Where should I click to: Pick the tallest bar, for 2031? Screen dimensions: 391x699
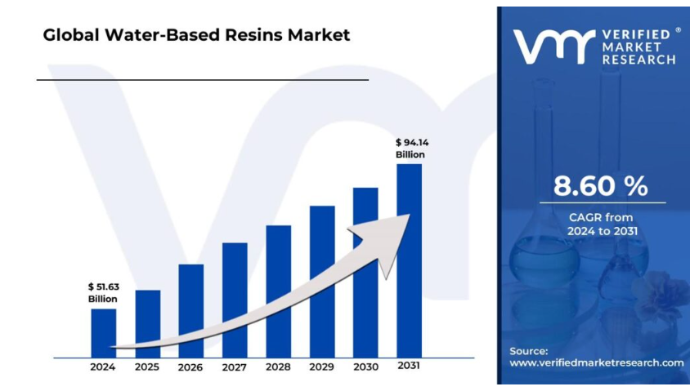click(409, 260)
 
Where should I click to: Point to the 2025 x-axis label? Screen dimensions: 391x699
click(147, 367)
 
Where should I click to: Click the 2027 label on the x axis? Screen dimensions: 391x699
click(235, 367)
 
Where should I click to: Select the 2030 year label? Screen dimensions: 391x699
click(365, 367)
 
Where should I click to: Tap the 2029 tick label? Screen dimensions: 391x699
click(321, 367)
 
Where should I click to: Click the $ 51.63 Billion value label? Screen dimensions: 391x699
click(103, 293)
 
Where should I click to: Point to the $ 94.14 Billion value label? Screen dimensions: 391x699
click(410, 149)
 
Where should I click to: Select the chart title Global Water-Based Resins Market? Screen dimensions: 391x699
click(196, 35)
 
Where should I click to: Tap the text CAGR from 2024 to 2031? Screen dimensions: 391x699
click(602, 224)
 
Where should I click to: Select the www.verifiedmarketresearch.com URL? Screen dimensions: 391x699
click(597, 362)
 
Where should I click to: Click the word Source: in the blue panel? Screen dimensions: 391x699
click(529, 350)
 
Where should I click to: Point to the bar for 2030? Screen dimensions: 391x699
click(365, 273)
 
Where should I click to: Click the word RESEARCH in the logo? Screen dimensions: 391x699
click(639, 60)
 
